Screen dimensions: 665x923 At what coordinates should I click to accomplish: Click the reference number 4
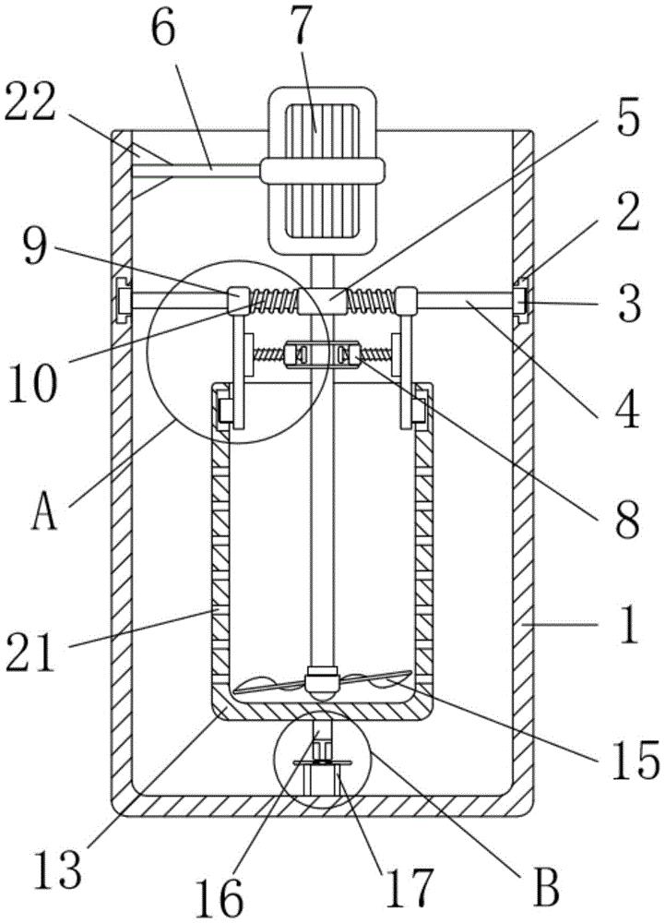[x=627, y=408]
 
